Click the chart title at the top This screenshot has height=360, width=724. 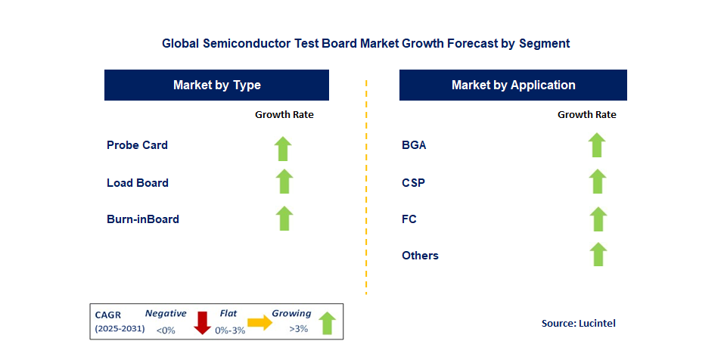[365, 44]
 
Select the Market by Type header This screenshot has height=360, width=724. [216, 85]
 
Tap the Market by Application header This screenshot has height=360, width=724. [513, 85]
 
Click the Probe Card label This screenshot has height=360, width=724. [137, 145]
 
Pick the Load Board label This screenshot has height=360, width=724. [138, 183]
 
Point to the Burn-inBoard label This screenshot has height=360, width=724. [143, 219]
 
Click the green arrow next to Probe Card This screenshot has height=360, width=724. [283, 148]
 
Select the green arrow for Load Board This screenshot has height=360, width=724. [284, 182]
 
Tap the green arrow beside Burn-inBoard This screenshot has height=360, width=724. [284, 218]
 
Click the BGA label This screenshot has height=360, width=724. [414, 145]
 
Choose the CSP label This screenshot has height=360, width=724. [413, 183]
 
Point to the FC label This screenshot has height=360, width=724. [409, 219]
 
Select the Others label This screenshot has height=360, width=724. [420, 256]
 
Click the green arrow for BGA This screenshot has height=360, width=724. [597, 144]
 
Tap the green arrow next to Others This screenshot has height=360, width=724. [598, 254]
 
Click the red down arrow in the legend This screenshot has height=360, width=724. [202, 322]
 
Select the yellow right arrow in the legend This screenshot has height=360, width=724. [259, 323]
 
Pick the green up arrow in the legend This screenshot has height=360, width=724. [327, 323]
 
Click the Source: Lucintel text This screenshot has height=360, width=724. [579, 323]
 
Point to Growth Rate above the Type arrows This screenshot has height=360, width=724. [284, 115]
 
